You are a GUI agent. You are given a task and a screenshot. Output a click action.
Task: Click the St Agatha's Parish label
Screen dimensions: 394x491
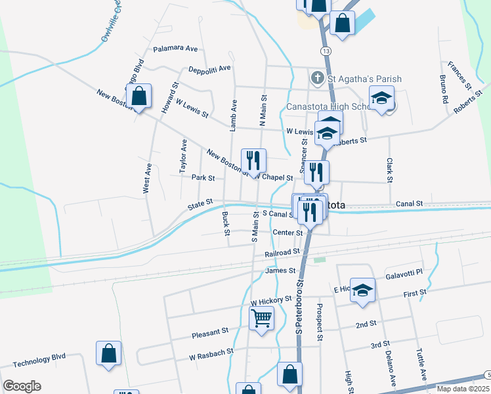coord(364,79)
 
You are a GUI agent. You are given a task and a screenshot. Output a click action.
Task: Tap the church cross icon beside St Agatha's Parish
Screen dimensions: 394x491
coord(317,79)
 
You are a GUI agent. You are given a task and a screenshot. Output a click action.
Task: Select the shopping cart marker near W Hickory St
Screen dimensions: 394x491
coord(261,318)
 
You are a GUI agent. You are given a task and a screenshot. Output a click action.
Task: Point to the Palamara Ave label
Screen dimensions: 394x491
coord(175,49)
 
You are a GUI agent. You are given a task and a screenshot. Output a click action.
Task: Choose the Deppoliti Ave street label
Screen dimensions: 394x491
coord(210,68)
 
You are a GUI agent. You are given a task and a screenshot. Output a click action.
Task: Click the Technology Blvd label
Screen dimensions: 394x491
coord(39,359)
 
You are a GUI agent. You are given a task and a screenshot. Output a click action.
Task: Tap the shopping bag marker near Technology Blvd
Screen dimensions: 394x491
coord(109,353)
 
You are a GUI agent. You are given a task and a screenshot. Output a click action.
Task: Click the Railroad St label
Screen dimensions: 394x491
coord(282,252)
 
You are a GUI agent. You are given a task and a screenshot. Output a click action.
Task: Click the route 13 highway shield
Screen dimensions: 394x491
coord(326,51)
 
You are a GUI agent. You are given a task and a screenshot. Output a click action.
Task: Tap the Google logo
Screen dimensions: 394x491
coord(22,386)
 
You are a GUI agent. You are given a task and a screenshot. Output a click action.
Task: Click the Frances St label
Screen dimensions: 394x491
coord(459,76)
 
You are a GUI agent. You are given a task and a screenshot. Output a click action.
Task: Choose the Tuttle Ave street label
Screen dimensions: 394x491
coord(420,365)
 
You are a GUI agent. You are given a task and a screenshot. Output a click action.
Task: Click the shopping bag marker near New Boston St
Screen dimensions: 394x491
coord(139,97)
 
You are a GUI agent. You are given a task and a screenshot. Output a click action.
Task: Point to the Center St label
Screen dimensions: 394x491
coord(288,232)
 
